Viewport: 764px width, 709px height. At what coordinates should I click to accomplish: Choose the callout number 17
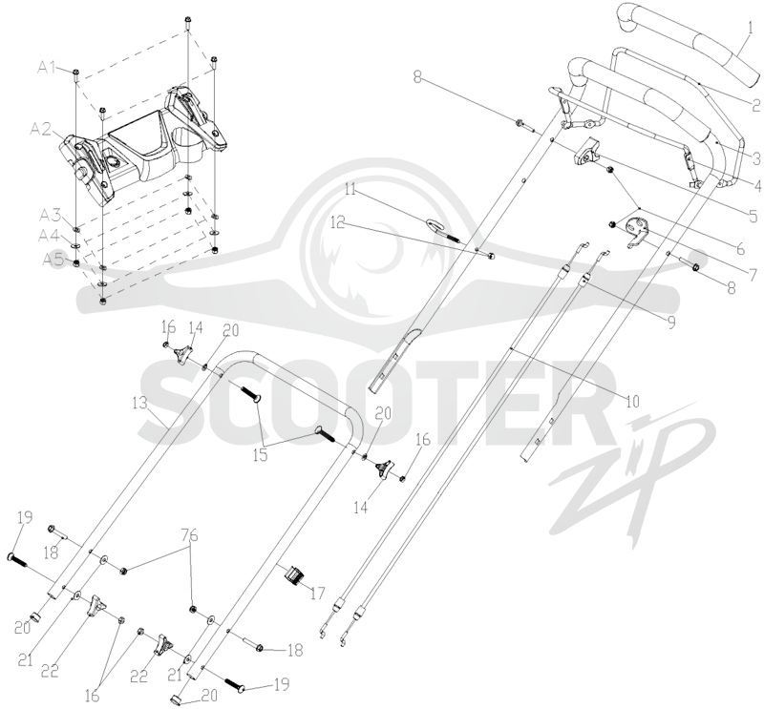click(x=318, y=594)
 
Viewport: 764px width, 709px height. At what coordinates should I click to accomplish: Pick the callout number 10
click(x=632, y=401)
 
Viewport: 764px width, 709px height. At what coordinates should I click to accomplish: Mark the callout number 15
click(x=261, y=457)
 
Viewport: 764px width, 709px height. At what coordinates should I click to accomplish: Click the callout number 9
click(x=671, y=322)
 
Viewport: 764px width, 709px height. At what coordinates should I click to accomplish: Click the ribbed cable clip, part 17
click(x=293, y=575)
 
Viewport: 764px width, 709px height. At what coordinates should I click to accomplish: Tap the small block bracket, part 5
click(x=585, y=151)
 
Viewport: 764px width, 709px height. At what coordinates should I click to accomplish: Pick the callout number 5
click(x=750, y=215)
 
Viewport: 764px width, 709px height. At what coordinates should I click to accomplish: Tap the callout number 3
click(x=755, y=158)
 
